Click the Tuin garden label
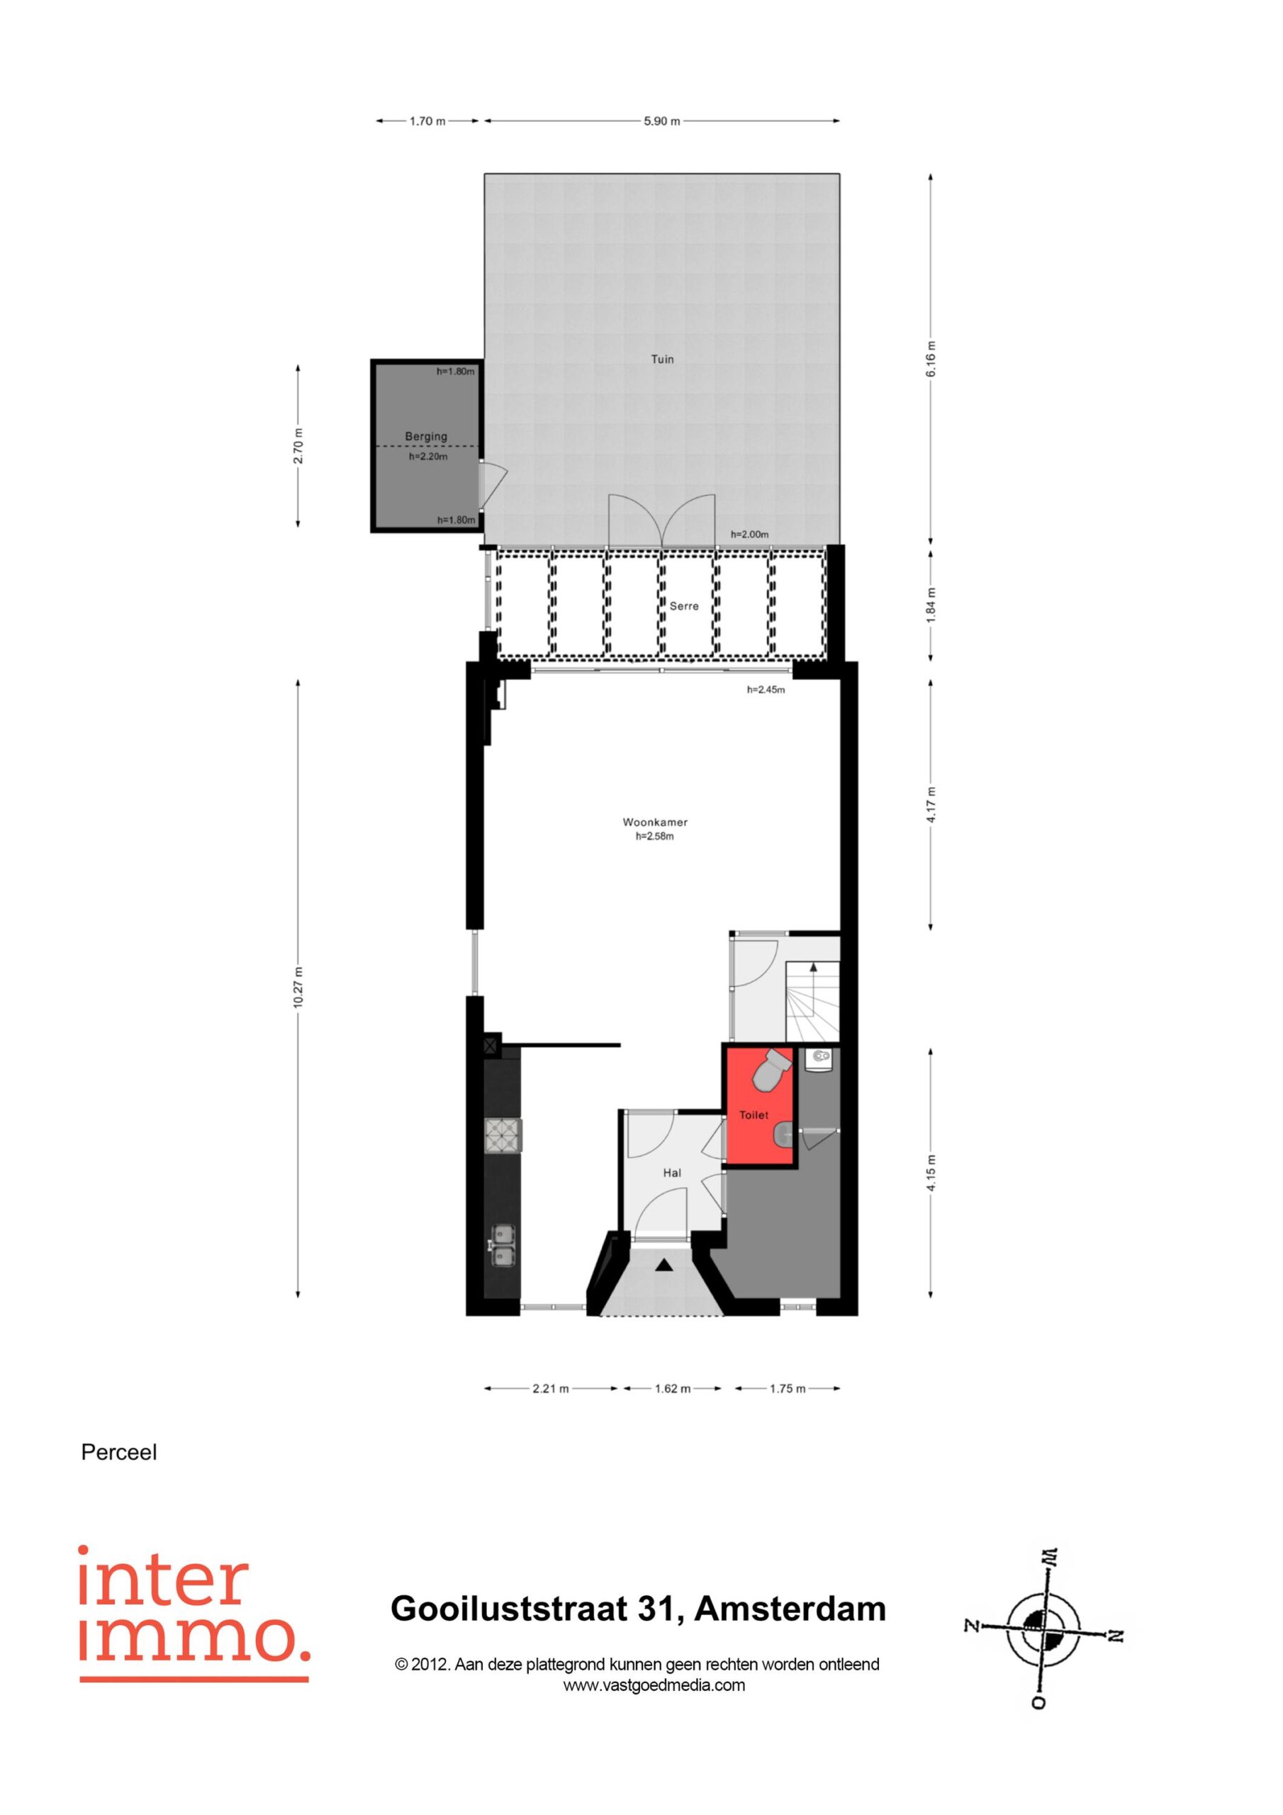click(x=661, y=359)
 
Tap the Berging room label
click(x=426, y=436)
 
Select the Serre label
click(x=684, y=606)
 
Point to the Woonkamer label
click(x=654, y=822)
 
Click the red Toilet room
click(x=759, y=1106)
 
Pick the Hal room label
click(x=672, y=1173)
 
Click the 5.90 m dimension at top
click(x=661, y=121)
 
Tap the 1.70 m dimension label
click(x=427, y=121)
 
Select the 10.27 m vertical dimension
click(x=297, y=988)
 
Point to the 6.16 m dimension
click(x=931, y=359)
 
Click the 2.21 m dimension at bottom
click(x=550, y=1388)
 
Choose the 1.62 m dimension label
click(x=672, y=1388)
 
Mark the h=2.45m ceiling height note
click(x=766, y=689)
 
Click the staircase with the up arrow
click(x=812, y=1001)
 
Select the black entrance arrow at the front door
click(x=663, y=1265)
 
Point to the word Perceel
click(x=119, y=1452)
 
